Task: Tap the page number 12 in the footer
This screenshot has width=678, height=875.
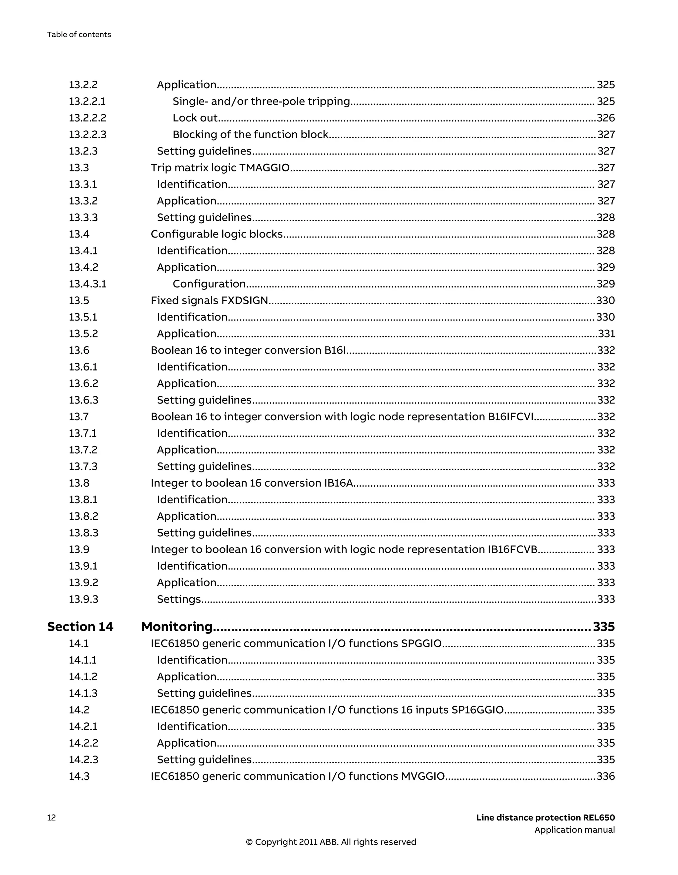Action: click(51, 818)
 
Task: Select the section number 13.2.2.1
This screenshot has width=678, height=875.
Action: click(87, 101)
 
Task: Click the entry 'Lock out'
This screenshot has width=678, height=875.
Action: click(195, 118)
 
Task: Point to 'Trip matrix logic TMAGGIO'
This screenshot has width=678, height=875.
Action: click(220, 167)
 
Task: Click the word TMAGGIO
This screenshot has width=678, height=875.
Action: click(264, 167)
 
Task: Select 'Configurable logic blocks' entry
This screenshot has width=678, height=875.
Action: click(217, 234)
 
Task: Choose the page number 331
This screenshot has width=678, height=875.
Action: click(606, 334)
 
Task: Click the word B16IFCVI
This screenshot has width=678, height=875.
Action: click(510, 417)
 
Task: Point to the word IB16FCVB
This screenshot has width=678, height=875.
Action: click(512, 549)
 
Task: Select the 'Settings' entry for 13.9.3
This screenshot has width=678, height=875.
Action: click(178, 599)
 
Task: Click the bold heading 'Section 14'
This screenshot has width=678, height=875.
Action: click(80, 626)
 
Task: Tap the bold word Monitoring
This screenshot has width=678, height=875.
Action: click(177, 626)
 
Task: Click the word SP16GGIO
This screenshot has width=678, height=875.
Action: click(477, 710)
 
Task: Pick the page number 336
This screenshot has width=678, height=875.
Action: click(605, 776)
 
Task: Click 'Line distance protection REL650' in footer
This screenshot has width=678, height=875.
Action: click(545, 818)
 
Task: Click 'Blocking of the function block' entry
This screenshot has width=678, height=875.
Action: click(251, 135)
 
